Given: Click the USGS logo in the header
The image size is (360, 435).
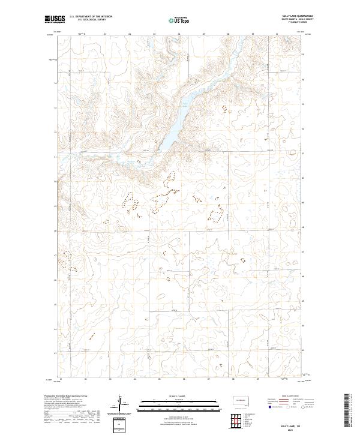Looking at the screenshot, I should click(55, 19).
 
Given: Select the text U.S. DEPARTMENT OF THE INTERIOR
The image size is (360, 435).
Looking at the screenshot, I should click(91, 17).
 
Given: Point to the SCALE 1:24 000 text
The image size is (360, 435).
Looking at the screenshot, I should click(175, 397).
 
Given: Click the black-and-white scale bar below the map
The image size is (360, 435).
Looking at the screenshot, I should click(175, 404).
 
